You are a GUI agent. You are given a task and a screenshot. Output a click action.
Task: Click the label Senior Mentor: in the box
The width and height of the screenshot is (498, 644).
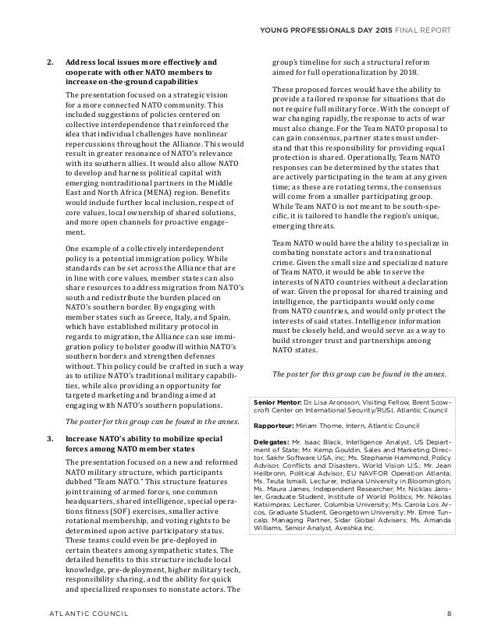click(279, 403)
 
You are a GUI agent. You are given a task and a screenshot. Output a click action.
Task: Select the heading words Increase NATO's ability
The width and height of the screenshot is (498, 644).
click(114, 441)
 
